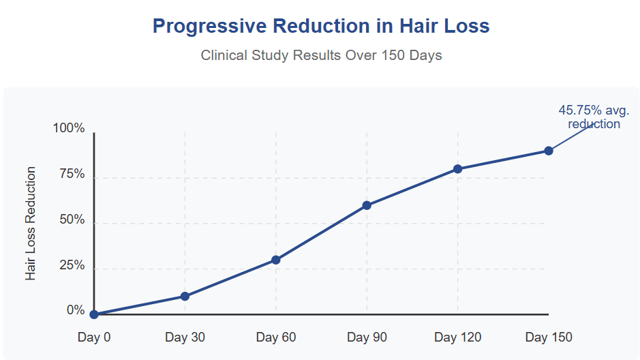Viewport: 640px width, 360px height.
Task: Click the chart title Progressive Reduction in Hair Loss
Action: click(x=321, y=26)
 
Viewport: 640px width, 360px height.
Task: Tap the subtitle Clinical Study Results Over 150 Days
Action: click(x=321, y=55)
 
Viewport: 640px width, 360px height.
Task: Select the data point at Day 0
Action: click(x=94, y=314)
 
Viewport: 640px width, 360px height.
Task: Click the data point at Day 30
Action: click(x=185, y=296)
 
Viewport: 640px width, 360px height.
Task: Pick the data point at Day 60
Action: click(x=276, y=260)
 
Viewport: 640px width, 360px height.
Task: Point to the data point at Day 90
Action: click(x=367, y=205)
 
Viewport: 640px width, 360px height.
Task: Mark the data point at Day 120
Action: click(x=458, y=168)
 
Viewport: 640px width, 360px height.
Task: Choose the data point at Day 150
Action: click(x=548, y=151)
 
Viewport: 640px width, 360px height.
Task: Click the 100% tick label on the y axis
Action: click(x=69, y=129)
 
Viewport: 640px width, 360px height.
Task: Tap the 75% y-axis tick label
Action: click(x=72, y=175)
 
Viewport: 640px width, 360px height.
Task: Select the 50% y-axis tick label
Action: click(x=72, y=220)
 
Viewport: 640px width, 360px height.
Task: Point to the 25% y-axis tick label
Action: click(x=72, y=266)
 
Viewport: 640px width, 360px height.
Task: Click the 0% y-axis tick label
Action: click(x=76, y=311)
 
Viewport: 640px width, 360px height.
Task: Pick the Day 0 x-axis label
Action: click(x=94, y=337)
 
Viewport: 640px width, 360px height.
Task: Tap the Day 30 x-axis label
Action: click(x=185, y=337)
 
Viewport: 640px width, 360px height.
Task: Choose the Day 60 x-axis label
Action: click(x=276, y=337)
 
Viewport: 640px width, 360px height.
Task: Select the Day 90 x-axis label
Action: click(x=367, y=337)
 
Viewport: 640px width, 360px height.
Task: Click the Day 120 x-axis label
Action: click(x=458, y=337)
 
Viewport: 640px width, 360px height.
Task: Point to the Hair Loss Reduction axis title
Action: click(x=31, y=223)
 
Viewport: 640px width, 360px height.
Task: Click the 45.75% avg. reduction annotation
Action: click(x=594, y=117)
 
